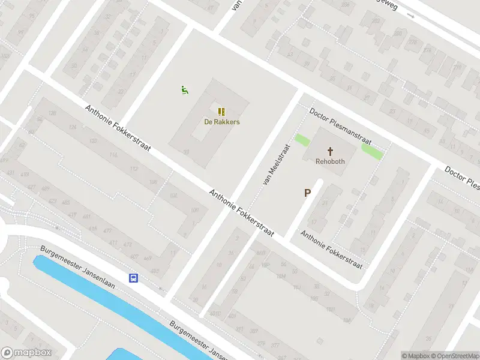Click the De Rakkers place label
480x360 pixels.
click(222, 122)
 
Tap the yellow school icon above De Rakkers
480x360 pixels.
click(222, 111)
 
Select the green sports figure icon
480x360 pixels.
click(185, 90)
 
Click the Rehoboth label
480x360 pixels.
click(331, 161)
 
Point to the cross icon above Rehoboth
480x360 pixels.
click(331, 151)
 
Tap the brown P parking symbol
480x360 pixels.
click(308, 193)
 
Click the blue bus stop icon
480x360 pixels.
click(133, 278)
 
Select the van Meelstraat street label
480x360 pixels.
click(276, 163)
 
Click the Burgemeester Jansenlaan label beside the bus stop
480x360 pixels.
click(78, 267)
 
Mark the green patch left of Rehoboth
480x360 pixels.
click(302, 141)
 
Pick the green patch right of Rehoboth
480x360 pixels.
click(372, 152)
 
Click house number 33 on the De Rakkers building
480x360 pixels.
click(187, 152)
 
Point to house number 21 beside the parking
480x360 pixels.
click(325, 203)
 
